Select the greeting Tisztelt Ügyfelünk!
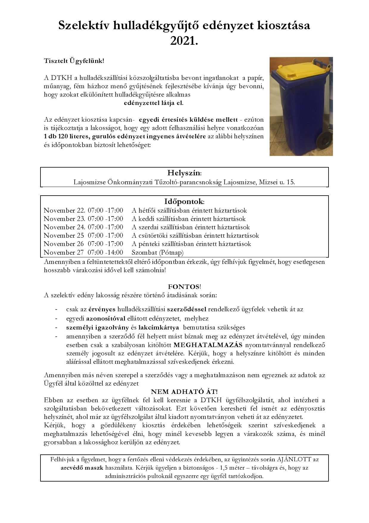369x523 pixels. tap(74, 61)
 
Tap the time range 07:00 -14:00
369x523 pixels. tap(105, 253)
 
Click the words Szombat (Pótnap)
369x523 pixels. tap(157, 253)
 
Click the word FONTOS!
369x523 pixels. tap(184, 287)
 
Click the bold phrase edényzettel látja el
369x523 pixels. tap(154, 103)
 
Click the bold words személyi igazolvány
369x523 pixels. tap(97, 327)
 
